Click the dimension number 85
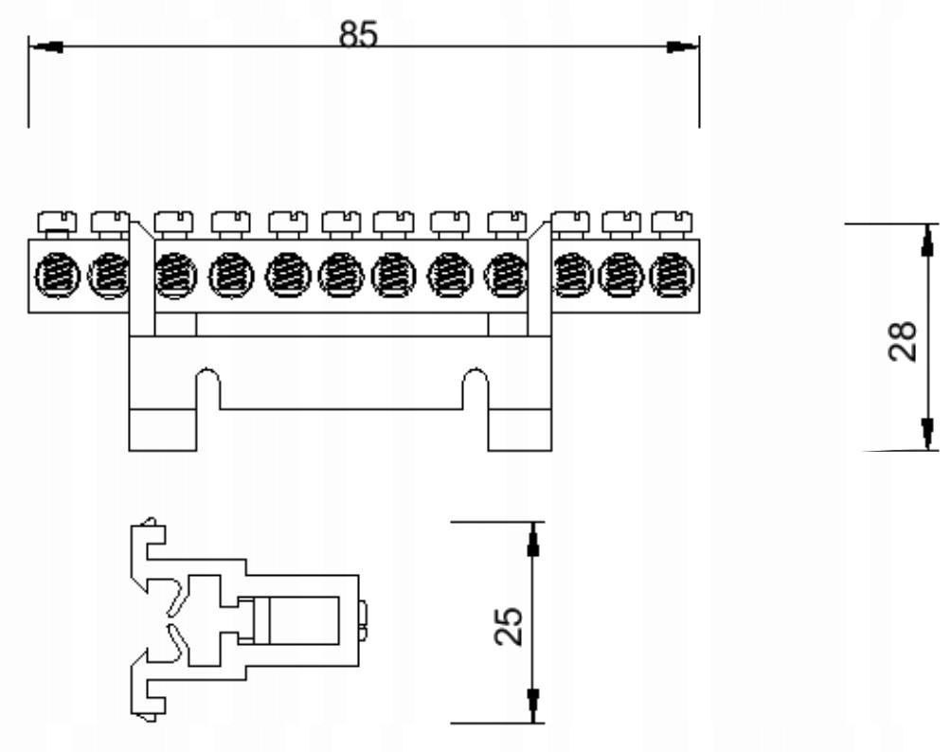(359, 34)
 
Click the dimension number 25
(509, 625)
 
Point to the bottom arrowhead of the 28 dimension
(925, 434)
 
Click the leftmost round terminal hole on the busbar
(53, 278)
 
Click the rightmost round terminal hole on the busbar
(669, 276)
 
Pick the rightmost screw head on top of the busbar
(671, 222)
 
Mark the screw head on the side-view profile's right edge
(365, 618)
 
